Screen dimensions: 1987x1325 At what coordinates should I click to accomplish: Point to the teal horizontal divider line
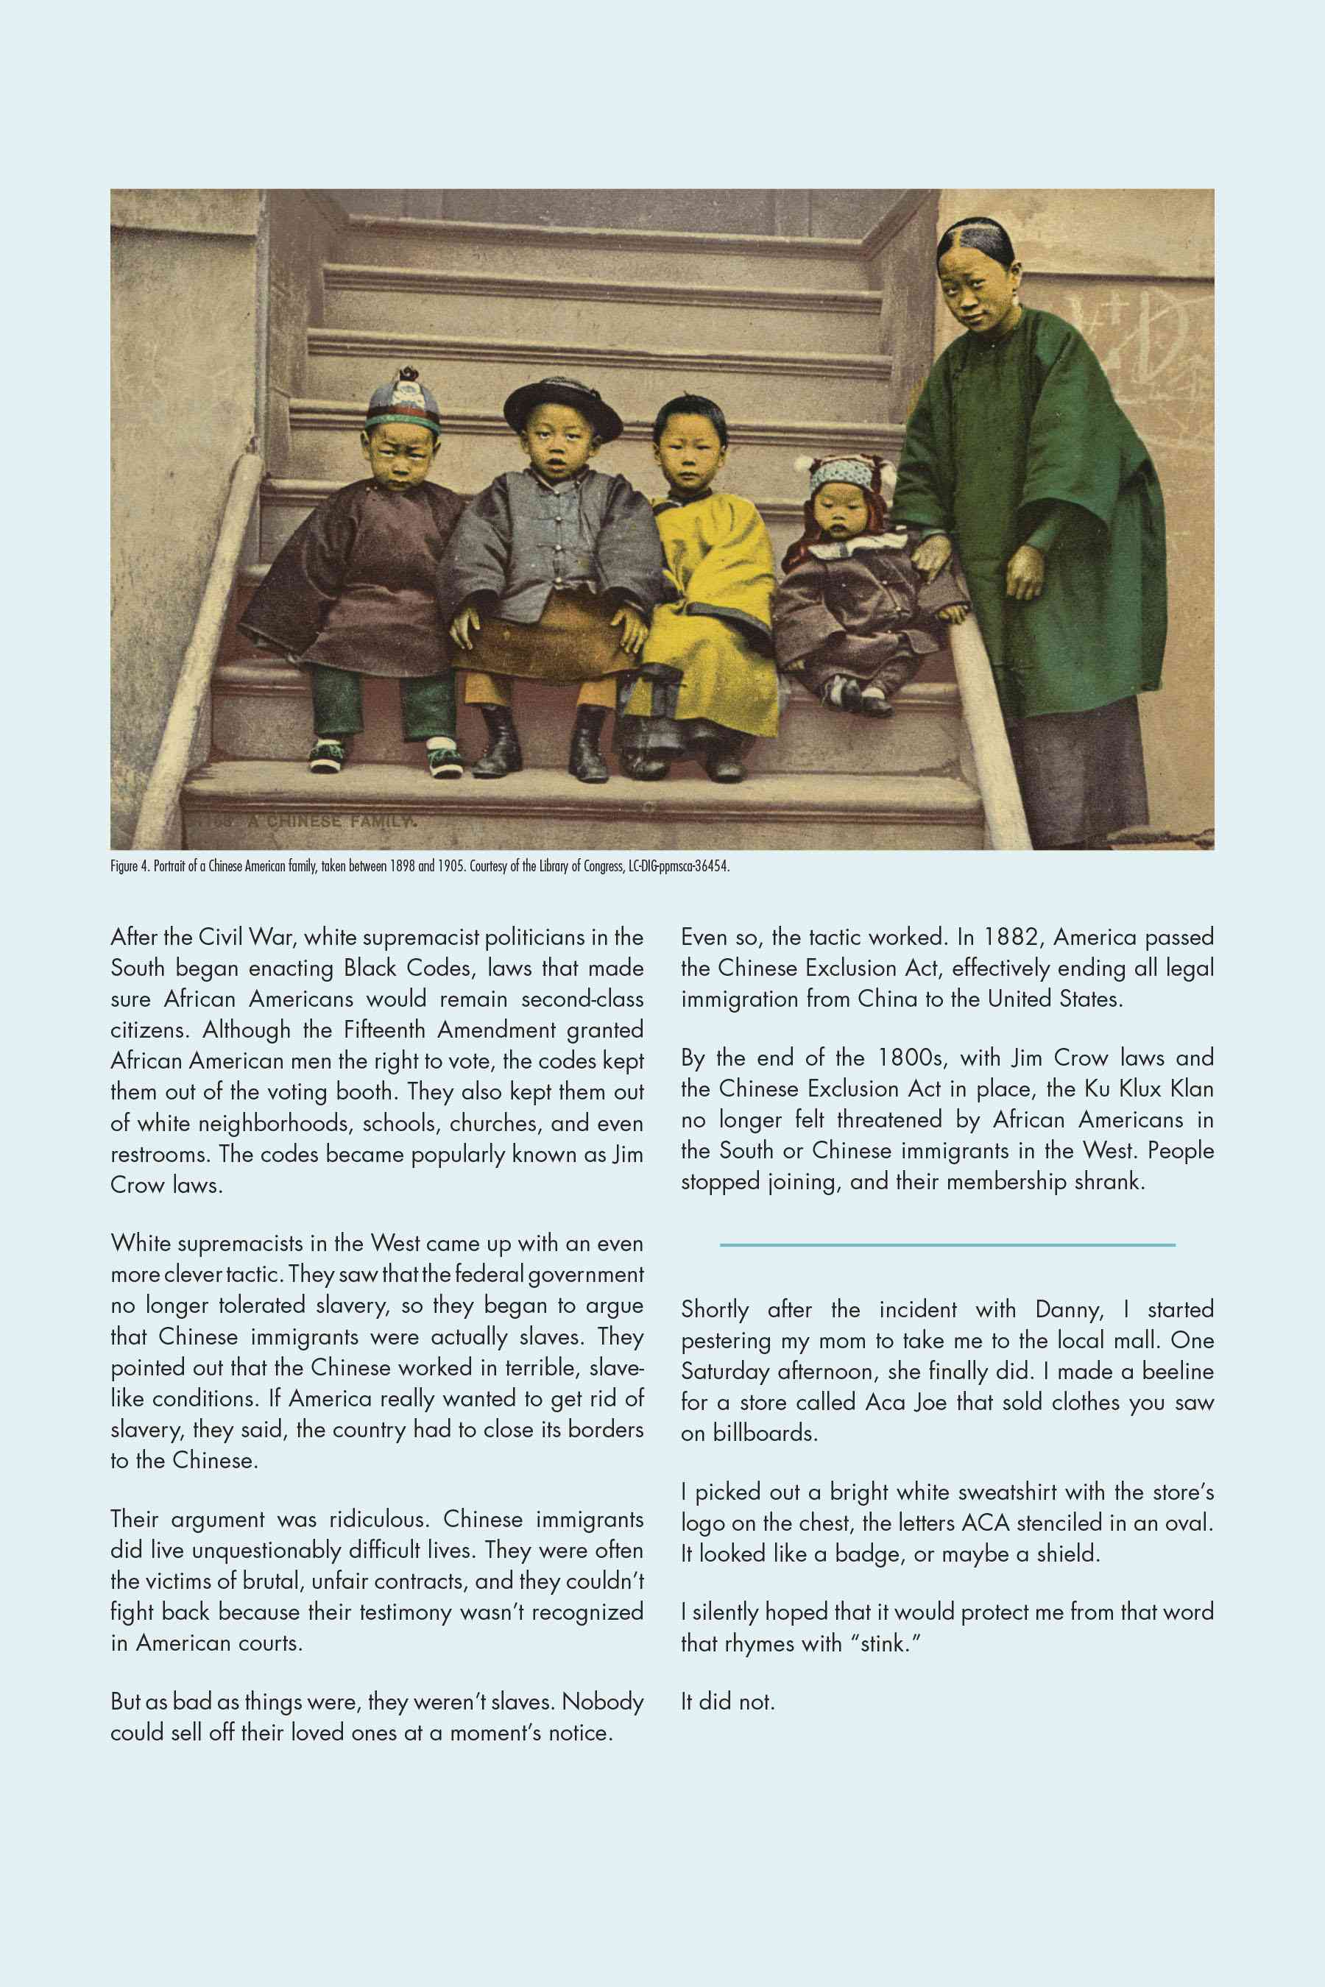tap(947, 1244)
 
